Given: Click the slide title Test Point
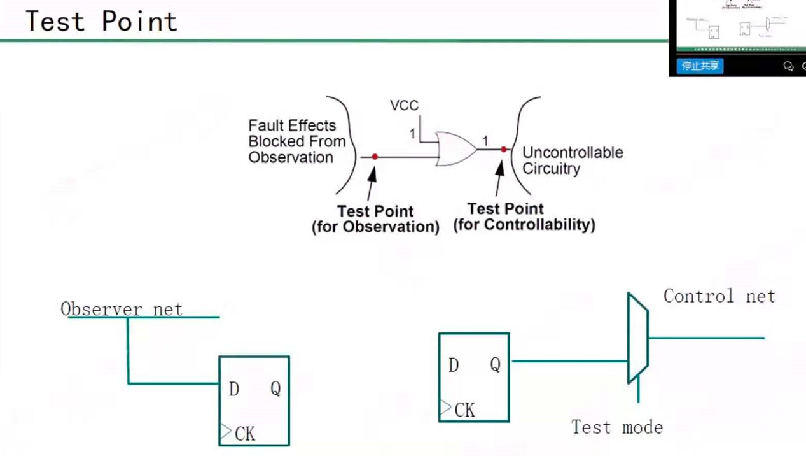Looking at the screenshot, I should coord(101,21).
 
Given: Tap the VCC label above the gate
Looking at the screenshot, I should coord(404,106).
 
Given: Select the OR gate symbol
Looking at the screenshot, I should coord(455,150).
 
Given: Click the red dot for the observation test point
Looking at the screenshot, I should coord(375,156).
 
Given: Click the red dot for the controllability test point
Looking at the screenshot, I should coord(503,150).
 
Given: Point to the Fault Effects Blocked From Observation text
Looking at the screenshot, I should coord(296,141).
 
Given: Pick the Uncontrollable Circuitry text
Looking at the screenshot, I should coord(572,160).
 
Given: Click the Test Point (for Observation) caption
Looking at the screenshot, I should coord(375,219).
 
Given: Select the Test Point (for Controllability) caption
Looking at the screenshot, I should coord(524,217).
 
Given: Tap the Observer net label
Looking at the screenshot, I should coord(122,309).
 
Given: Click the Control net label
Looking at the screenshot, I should coord(719,296).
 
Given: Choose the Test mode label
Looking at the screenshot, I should coord(616,427).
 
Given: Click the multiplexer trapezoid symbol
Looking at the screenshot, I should coord(637,338).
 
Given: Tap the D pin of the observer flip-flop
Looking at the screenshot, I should coord(233,389).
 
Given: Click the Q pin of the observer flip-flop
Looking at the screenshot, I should coord(275,388).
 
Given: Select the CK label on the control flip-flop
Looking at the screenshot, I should coord(464,410).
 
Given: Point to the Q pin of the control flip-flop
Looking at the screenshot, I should coord(495,364).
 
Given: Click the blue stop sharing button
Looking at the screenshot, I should coord(700,66).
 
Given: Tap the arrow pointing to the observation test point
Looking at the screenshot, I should coord(371,181).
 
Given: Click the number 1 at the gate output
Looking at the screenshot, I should coord(485,141).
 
